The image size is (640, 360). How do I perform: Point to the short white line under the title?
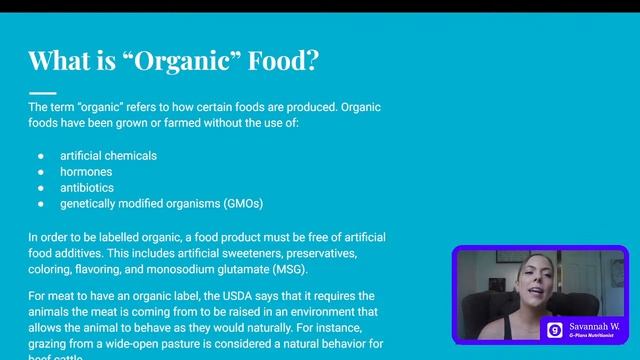[42, 92]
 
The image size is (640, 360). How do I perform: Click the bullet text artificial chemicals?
[108, 156]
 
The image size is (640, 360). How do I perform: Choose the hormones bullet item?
[87, 172]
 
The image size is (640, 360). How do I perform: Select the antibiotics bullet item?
[87, 188]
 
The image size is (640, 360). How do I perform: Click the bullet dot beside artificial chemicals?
[41, 156]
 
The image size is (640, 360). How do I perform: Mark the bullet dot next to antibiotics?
[41, 188]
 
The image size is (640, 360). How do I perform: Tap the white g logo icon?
[554, 330]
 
